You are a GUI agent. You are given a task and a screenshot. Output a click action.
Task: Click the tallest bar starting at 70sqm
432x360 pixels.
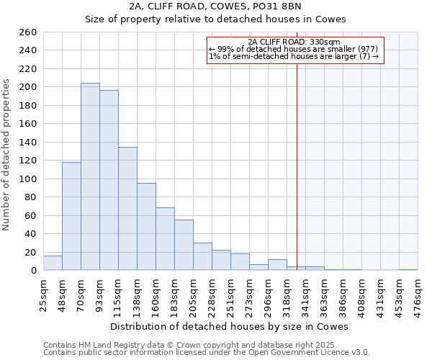(90, 176)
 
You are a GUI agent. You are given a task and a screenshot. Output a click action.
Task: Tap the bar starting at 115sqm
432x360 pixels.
(127, 209)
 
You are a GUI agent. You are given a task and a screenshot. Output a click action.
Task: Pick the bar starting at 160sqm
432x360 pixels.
(165, 239)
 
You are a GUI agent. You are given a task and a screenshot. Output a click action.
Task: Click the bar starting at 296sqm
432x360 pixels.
(277, 265)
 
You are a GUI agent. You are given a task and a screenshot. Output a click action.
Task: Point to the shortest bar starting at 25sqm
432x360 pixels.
(53, 264)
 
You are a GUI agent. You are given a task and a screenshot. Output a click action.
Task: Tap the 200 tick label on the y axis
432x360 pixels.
(27, 87)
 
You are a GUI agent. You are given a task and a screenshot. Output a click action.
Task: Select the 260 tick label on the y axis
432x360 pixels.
(27, 32)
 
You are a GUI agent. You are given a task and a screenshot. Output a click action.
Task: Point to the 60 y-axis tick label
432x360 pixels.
(30, 215)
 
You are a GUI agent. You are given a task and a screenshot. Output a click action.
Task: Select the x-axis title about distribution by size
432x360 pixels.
(230, 326)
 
